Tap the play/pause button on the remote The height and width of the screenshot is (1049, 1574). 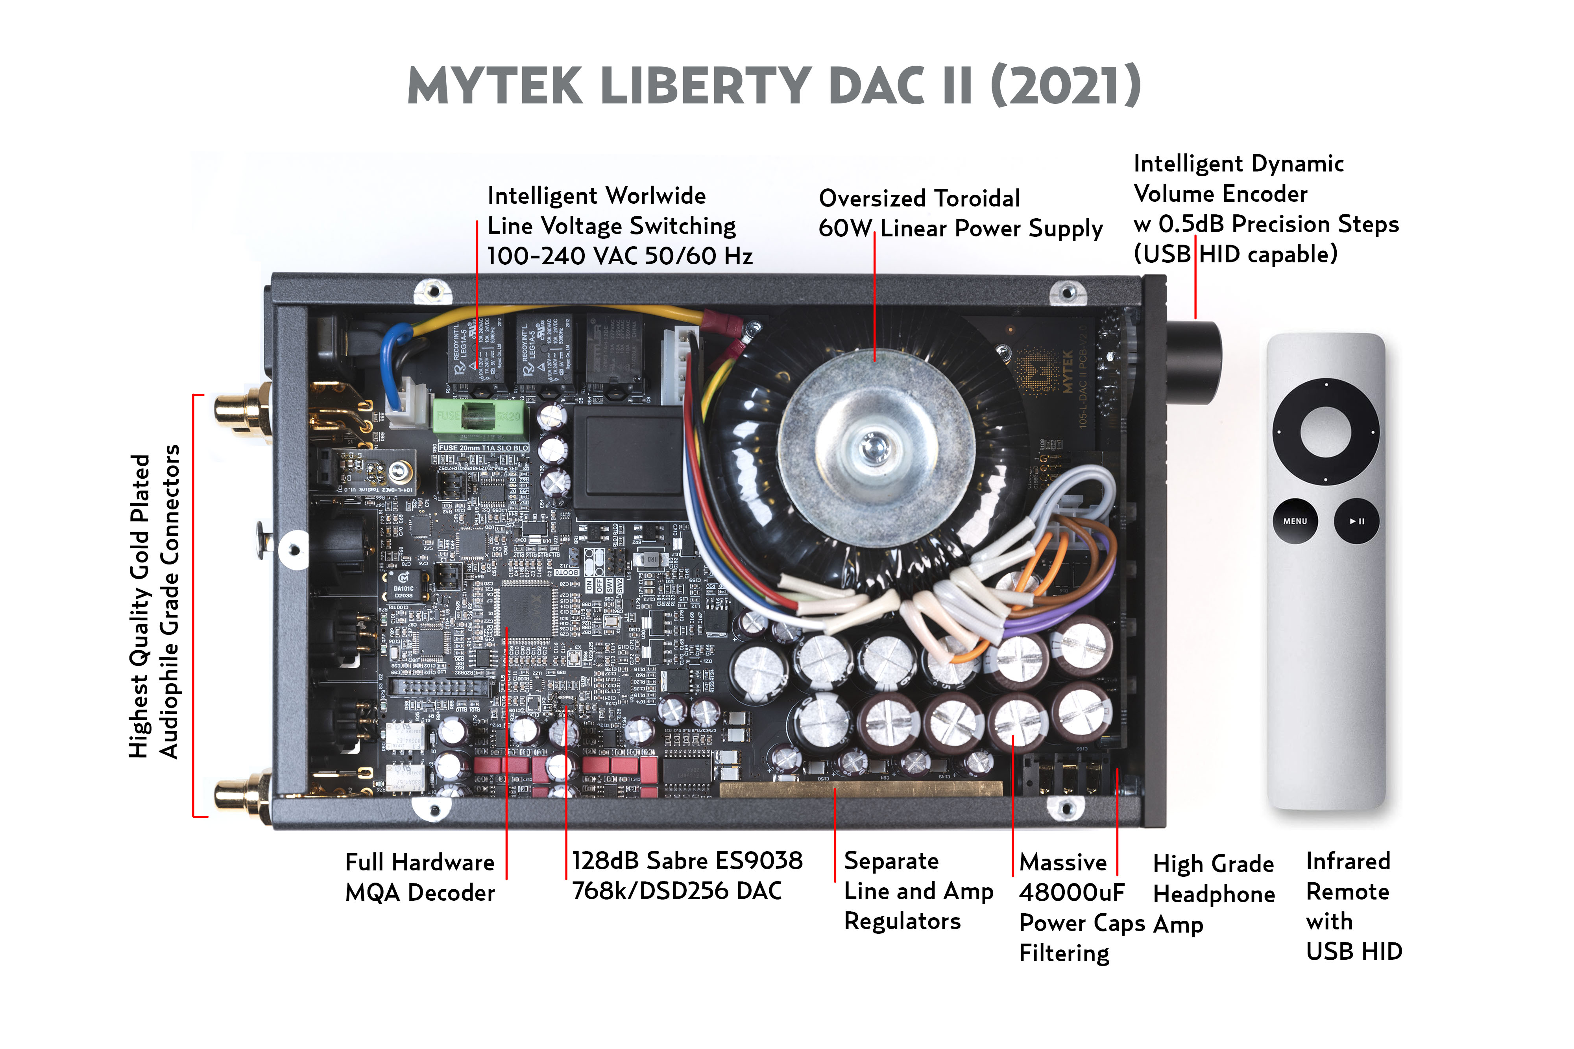tap(1356, 521)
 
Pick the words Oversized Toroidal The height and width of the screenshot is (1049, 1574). tap(919, 199)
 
